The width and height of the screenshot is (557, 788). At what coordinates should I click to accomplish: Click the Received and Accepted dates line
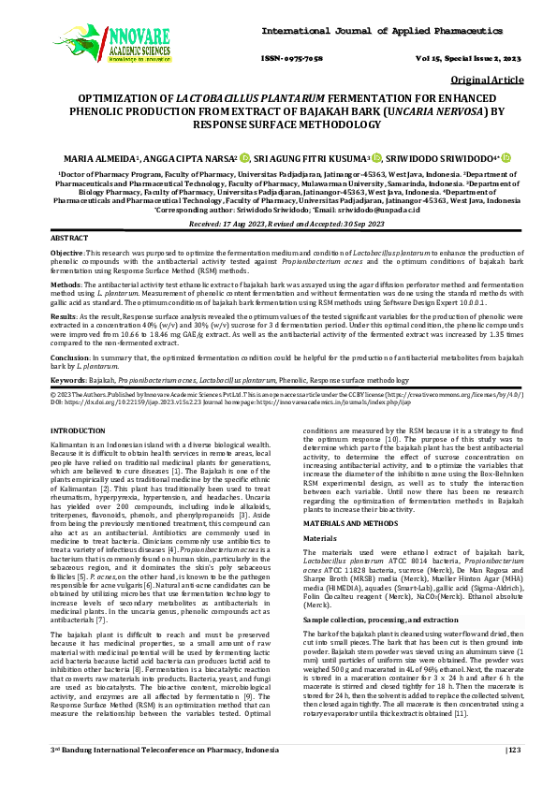point(280,225)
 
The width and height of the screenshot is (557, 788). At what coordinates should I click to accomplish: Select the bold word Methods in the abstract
point(66,285)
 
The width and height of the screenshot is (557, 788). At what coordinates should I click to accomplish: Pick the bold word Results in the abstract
point(64,316)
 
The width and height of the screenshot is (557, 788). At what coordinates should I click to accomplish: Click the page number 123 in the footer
point(512,776)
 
